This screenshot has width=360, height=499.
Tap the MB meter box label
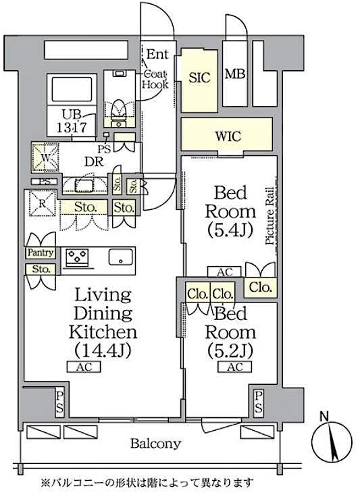[234, 74]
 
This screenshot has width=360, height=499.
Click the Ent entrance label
[159, 54]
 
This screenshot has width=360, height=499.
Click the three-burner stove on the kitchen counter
[78, 257]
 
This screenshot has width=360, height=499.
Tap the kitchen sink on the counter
[120, 257]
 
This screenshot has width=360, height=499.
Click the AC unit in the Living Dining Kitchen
[84, 367]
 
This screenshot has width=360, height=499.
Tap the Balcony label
[155, 444]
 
